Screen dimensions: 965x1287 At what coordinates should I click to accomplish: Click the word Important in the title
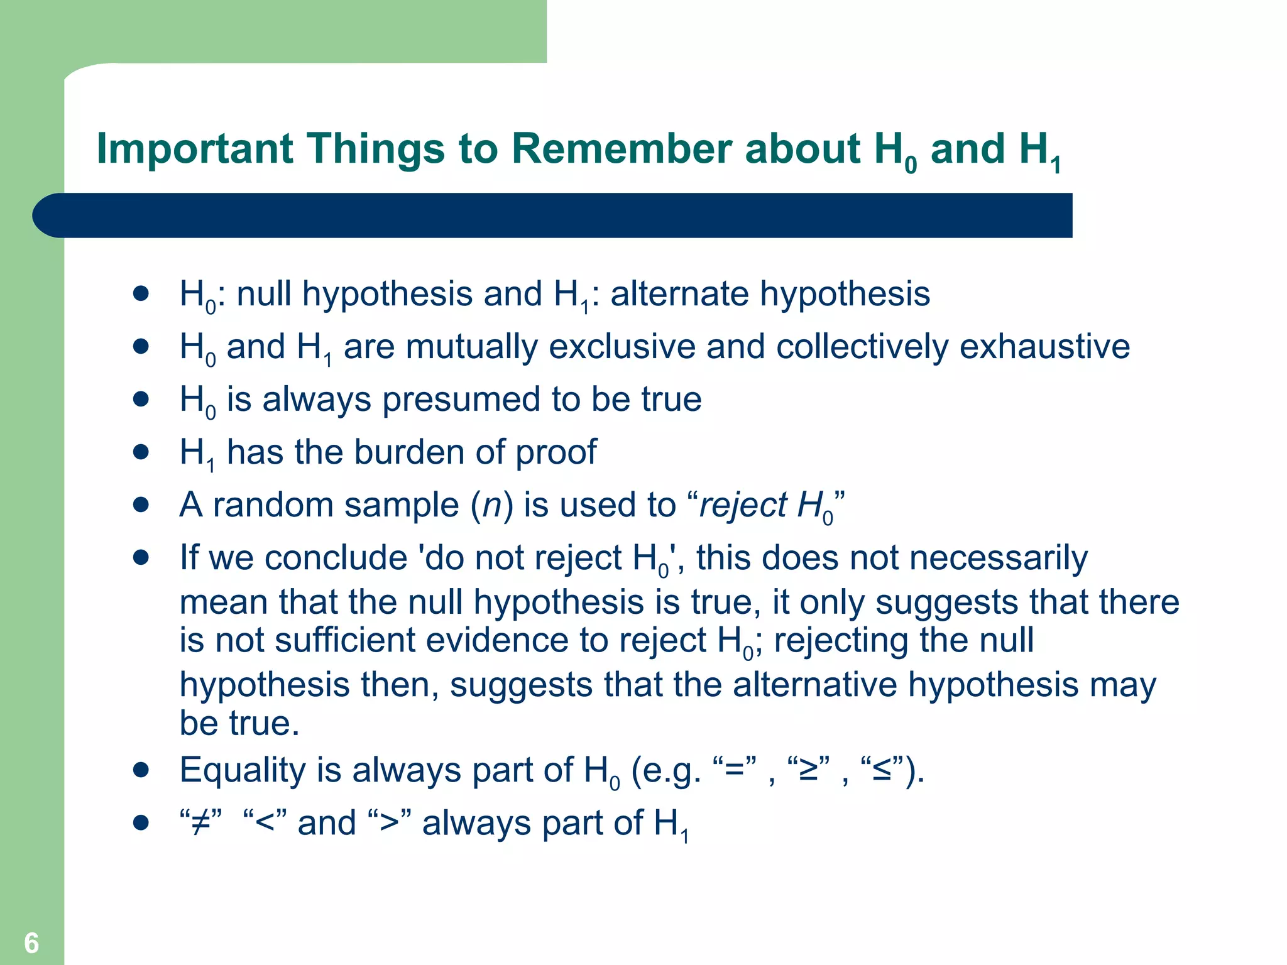click(x=195, y=150)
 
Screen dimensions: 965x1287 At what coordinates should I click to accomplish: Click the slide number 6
click(x=31, y=943)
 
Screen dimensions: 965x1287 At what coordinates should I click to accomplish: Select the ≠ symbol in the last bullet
click(x=200, y=823)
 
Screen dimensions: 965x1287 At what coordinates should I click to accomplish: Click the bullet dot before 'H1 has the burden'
click(x=141, y=452)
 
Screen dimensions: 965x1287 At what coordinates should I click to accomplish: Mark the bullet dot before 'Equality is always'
click(x=141, y=770)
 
